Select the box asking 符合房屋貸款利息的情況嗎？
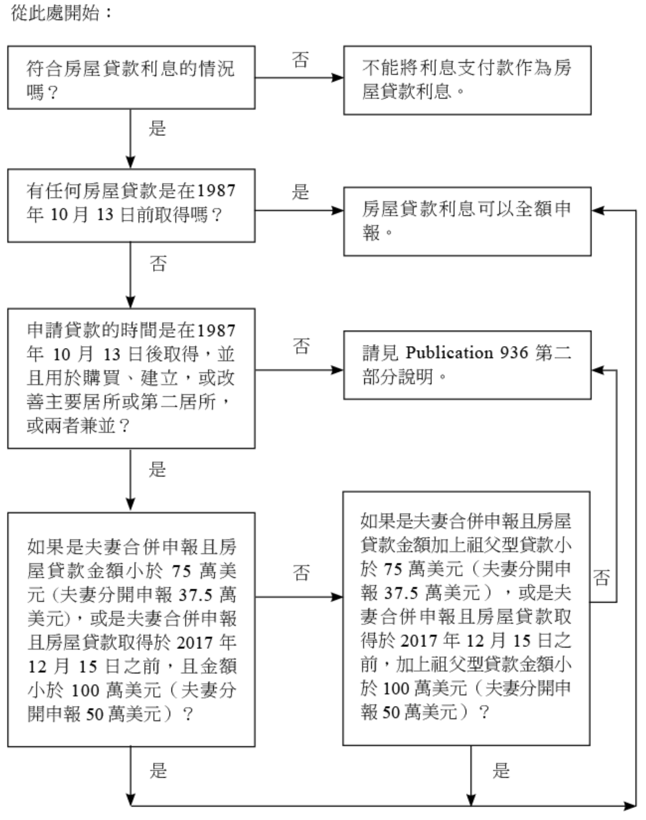pyautogui.click(x=131, y=78)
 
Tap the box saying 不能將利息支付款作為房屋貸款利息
pyautogui.click(x=466, y=79)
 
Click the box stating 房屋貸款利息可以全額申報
pyautogui.click(x=466, y=221)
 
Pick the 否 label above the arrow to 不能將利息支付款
pyautogui.click(x=300, y=60)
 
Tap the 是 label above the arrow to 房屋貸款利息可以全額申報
pyautogui.click(x=300, y=192)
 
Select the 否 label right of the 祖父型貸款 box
pyautogui.click(x=601, y=578)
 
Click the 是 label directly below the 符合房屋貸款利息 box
pyautogui.click(x=157, y=128)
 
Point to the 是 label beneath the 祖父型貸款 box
pyautogui.click(x=501, y=770)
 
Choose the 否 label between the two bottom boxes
pyautogui.click(x=301, y=573)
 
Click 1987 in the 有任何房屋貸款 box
pyautogui.click(x=216, y=191)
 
